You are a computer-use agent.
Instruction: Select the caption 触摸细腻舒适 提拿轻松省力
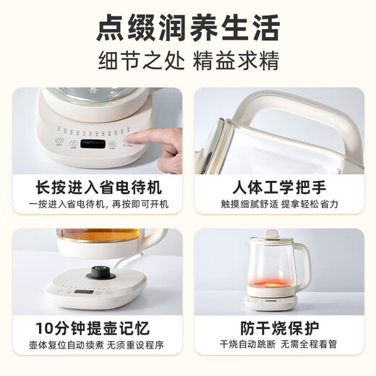click(x=279, y=205)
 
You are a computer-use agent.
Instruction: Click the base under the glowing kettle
click(x=268, y=300)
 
